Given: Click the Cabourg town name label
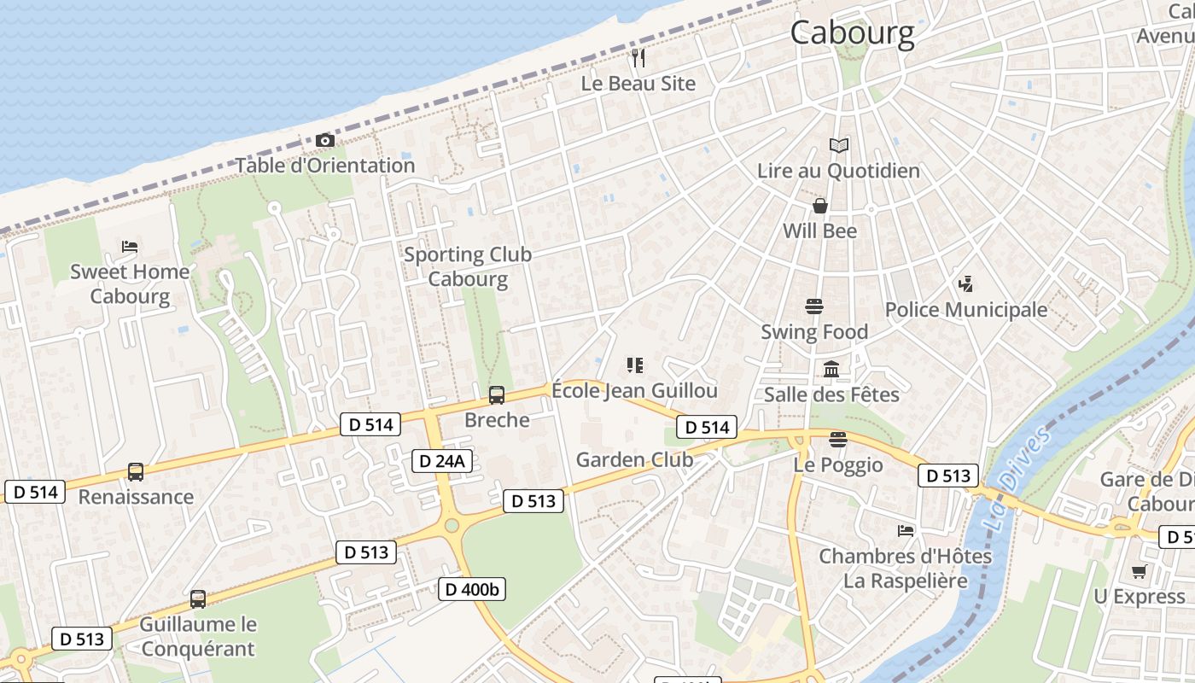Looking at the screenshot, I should coord(852,33).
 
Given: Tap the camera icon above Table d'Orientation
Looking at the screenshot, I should coord(324,140).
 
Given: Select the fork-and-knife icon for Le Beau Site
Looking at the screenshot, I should coord(638,58).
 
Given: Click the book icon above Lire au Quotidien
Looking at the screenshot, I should coord(839,146).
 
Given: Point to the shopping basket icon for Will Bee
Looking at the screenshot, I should coord(819,206).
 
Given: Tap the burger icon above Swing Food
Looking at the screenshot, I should coord(814,306).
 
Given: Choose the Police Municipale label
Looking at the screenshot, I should coord(965,309).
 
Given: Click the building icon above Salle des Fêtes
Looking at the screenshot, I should coord(831,370).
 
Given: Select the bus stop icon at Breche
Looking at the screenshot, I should coord(496,395).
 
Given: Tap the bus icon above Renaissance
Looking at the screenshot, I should coord(135,471).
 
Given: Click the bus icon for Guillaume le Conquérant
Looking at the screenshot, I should coord(198,599).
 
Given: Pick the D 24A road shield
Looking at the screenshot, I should coord(441,461).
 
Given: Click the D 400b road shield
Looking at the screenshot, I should coord(472,588).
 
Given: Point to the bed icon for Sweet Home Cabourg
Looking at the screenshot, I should coord(130,247).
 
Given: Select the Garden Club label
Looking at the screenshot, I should coord(634,459).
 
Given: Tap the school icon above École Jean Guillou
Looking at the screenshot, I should coord(634,365).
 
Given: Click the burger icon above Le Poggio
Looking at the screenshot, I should coord(837,440).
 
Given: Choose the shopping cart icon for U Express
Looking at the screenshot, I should coord(1139,571).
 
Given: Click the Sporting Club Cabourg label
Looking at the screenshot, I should coord(468,266).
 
